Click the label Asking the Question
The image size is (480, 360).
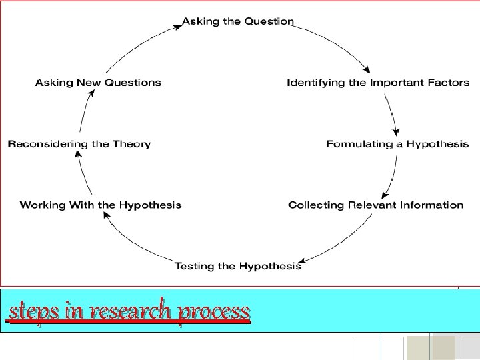tap(238, 21)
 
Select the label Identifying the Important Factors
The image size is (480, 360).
tap(378, 83)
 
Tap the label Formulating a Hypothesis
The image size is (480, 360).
tap(397, 144)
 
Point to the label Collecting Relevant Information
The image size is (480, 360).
tap(375, 205)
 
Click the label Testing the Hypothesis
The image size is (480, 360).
tap(238, 267)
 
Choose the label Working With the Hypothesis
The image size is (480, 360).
tap(101, 205)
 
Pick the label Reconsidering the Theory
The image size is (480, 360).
tap(79, 144)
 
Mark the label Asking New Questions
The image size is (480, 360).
tap(98, 83)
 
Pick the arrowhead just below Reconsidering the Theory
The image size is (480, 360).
tap(78, 156)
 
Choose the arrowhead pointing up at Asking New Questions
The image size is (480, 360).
tap(91, 93)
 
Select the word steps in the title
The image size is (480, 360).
tap(33, 311)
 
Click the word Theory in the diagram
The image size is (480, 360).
tap(133, 144)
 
